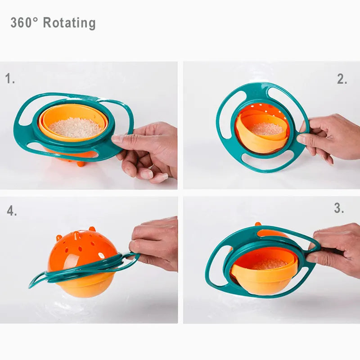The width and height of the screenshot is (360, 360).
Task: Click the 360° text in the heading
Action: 24,23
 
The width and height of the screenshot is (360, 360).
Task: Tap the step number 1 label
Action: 10,79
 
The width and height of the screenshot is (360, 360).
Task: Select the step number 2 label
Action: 342,79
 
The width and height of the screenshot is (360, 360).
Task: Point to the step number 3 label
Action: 339,208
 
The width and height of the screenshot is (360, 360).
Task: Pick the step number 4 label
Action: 12,211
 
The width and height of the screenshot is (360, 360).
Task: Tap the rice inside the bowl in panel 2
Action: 265,129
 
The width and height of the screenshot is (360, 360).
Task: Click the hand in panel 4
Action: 155,243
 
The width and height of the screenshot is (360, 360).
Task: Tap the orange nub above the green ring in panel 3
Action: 258,224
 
